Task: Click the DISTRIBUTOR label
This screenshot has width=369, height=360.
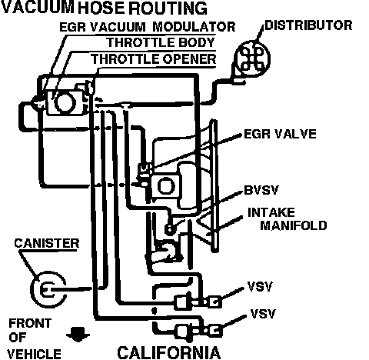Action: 308,25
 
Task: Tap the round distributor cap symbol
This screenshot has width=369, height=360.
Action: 252,58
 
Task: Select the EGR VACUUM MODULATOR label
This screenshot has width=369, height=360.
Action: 148,27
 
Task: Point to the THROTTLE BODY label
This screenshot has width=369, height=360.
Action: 161,42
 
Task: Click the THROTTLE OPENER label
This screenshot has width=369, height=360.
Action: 154,59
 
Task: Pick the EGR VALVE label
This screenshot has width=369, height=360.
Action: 280,134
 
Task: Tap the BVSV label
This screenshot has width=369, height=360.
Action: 261,190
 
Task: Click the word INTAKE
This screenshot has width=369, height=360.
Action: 271,212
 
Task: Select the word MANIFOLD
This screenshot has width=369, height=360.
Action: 294,225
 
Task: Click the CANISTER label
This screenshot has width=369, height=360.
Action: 47,243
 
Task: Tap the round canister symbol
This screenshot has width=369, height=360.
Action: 48,289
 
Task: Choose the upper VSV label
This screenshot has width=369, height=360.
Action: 260,286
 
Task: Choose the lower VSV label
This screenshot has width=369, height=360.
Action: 263,314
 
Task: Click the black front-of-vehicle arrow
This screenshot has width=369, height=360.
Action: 78,335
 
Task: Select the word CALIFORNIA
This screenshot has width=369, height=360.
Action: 169,353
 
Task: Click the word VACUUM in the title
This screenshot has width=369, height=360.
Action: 38,7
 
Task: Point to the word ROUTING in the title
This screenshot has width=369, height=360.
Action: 168,8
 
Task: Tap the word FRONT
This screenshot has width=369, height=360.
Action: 30,323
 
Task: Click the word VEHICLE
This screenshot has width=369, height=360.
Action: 34,355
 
